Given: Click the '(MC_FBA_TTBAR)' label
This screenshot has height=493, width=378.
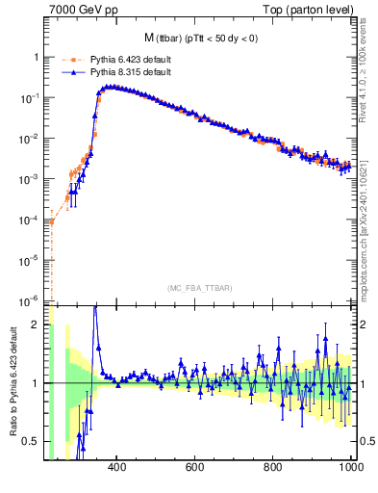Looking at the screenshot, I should (x=200, y=288).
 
